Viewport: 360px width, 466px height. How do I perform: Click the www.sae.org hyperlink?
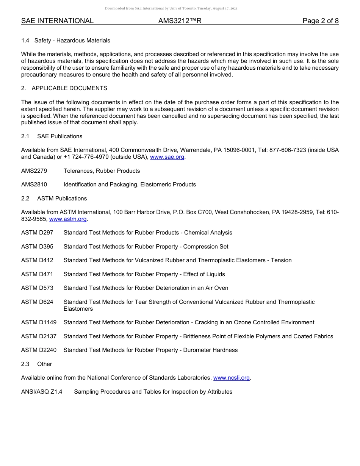167,157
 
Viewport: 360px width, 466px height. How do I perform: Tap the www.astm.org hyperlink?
68,219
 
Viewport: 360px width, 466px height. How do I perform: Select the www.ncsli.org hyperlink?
231,378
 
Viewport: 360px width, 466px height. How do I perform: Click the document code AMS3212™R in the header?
180,21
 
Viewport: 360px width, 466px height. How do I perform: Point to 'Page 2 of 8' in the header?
320,21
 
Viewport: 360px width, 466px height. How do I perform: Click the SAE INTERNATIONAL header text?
57,21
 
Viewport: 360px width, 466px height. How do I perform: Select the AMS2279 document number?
34,171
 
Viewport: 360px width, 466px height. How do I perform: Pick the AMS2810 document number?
34,185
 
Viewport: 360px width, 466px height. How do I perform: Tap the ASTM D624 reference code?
37,302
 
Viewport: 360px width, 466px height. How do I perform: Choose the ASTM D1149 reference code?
39,322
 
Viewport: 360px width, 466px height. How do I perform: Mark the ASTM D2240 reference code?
39,350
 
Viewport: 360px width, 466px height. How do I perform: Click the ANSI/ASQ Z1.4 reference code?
42,392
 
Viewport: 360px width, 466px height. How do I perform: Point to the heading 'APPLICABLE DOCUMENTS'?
69,88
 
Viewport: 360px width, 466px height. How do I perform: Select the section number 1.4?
25,41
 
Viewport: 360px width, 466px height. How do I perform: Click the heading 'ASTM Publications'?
62,199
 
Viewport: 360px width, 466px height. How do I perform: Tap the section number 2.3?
25,364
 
